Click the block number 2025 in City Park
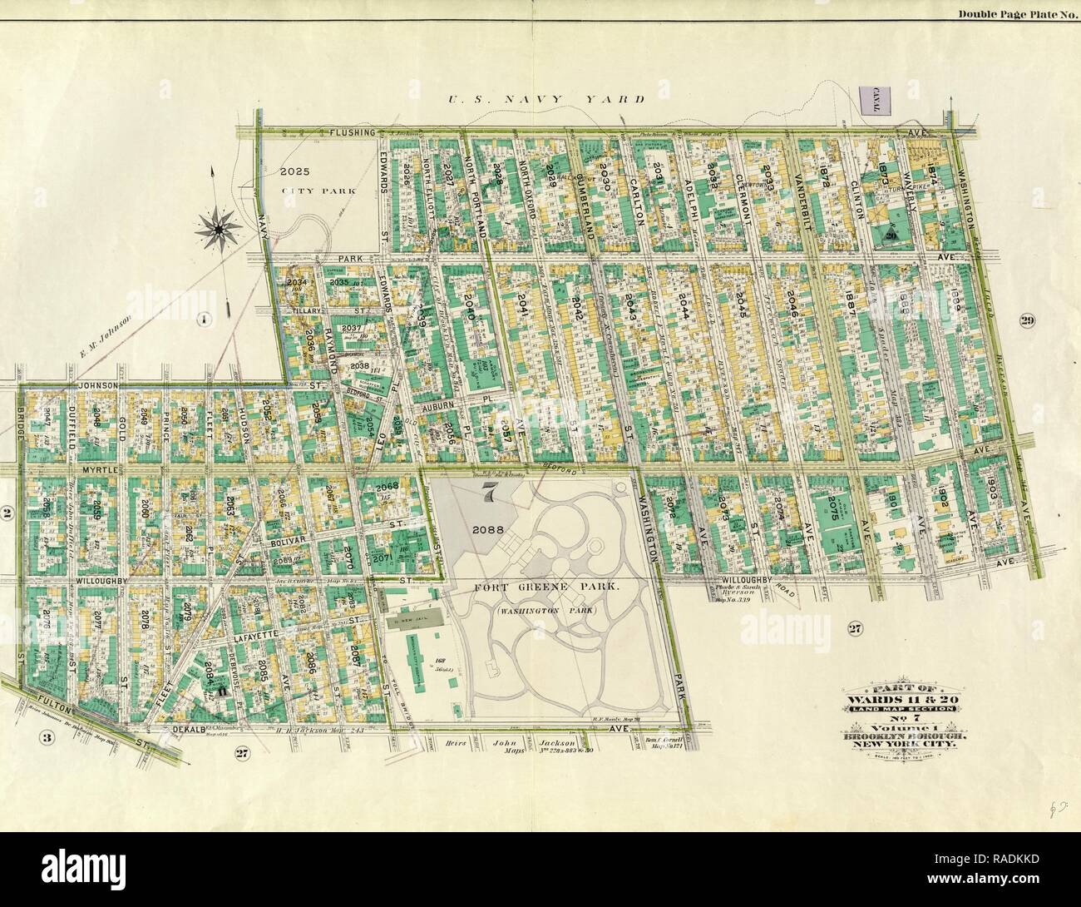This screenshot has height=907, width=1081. point(294,172)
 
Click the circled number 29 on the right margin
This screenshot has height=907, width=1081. point(1028,321)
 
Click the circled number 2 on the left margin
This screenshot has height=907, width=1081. point(7,514)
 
